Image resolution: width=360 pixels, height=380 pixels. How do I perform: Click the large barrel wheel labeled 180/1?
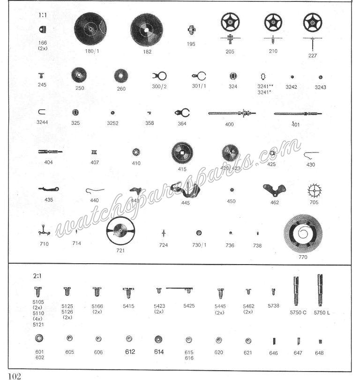[x=90, y=28]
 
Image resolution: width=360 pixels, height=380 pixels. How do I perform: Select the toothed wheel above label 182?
[x=146, y=30]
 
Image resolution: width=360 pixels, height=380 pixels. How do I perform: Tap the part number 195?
[x=191, y=44]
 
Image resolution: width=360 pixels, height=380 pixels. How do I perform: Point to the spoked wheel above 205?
[x=230, y=22]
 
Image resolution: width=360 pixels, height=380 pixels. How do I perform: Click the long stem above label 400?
[x=232, y=113]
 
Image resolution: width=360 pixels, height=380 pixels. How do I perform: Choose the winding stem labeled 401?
[x=298, y=114]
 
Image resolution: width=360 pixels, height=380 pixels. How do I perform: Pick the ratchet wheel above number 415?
[x=182, y=153]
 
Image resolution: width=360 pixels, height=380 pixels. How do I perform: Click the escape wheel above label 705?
[x=314, y=191]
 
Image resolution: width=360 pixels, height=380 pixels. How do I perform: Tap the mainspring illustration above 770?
[x=303, y=234]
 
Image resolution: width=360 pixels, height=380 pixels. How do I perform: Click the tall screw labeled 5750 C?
[x=296, y=291]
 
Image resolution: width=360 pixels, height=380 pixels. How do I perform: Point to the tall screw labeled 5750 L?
[x=320, y=290]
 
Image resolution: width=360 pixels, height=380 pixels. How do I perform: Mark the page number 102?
[x=15, y=376]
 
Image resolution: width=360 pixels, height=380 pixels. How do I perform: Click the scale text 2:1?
[x=37, y=276]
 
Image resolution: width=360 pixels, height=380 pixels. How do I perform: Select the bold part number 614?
[x=159, y=352]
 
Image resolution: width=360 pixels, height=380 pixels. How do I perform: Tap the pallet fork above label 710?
[x=44, y=230]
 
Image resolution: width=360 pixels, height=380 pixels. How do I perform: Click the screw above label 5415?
[x=128, y=293]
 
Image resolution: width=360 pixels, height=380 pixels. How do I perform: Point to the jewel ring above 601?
[x=39, y=338]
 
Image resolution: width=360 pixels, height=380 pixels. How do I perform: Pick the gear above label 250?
[x=79, y=75]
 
